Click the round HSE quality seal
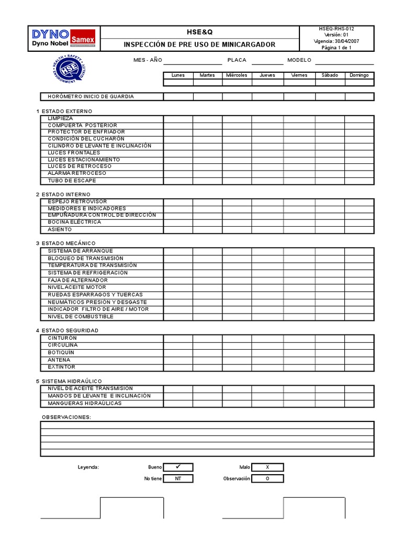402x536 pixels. click(66, 70)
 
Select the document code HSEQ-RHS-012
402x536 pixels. click(337, 29)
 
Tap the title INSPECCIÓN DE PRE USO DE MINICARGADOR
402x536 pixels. click(199, 44)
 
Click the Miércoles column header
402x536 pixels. click(237, 75)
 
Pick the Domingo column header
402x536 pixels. click(359, 75)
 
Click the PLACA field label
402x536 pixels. click(237, 60)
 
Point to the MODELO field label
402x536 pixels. click(299, 60)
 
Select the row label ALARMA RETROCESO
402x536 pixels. click(76, 173)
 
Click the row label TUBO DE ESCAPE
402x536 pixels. click(72, 181)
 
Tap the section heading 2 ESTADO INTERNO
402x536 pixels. click(63, 195)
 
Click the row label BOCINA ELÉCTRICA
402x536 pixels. click(74, 222)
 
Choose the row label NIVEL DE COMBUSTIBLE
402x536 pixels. click(81, 317)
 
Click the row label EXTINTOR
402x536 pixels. click(62, 367)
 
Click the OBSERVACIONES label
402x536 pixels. click(66, 417)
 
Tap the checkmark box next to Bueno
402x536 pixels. click(178, 467)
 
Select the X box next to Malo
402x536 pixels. click(267, 467)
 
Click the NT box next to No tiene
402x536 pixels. click(178, 478)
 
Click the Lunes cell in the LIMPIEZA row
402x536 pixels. click(178, 119)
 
